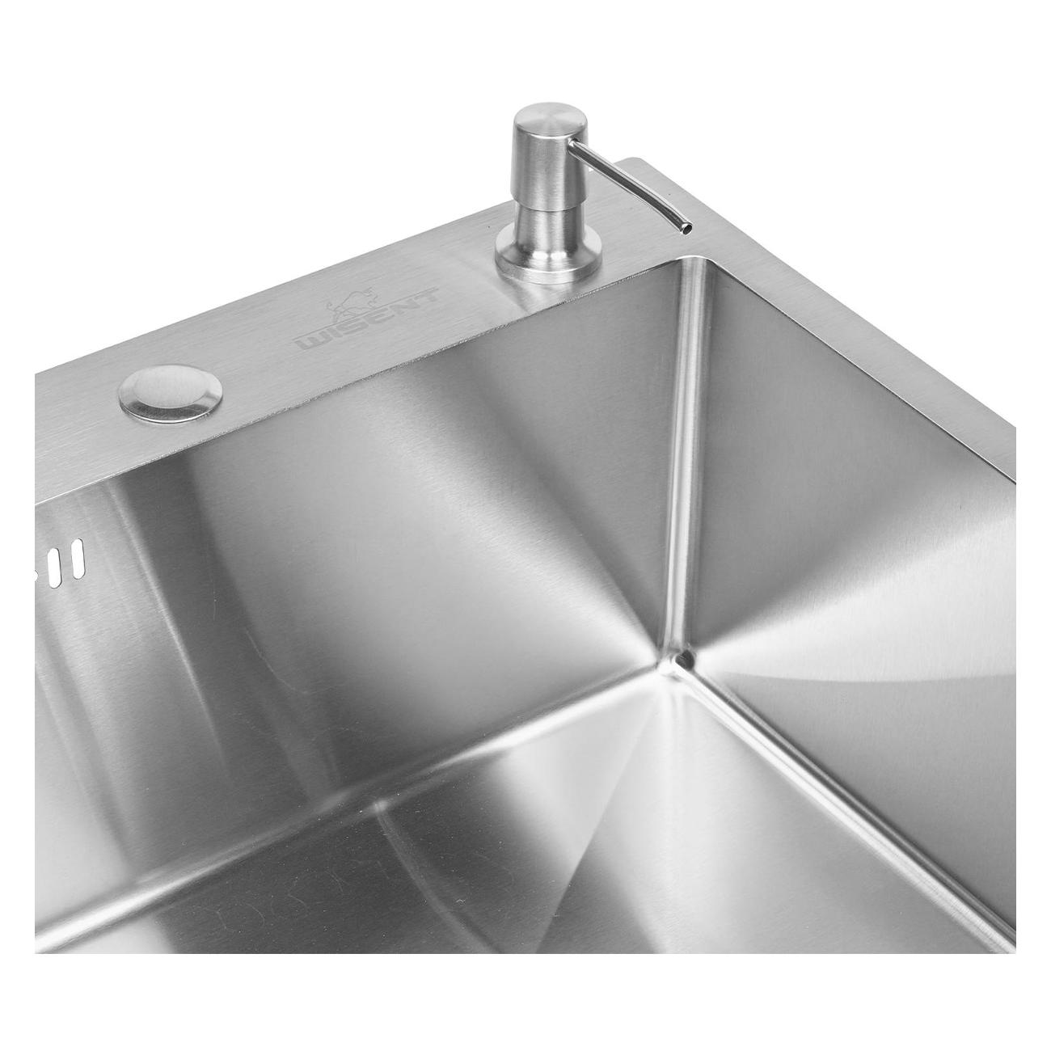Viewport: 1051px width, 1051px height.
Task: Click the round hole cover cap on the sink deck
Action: pyautogui.click(x=170, y=394)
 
